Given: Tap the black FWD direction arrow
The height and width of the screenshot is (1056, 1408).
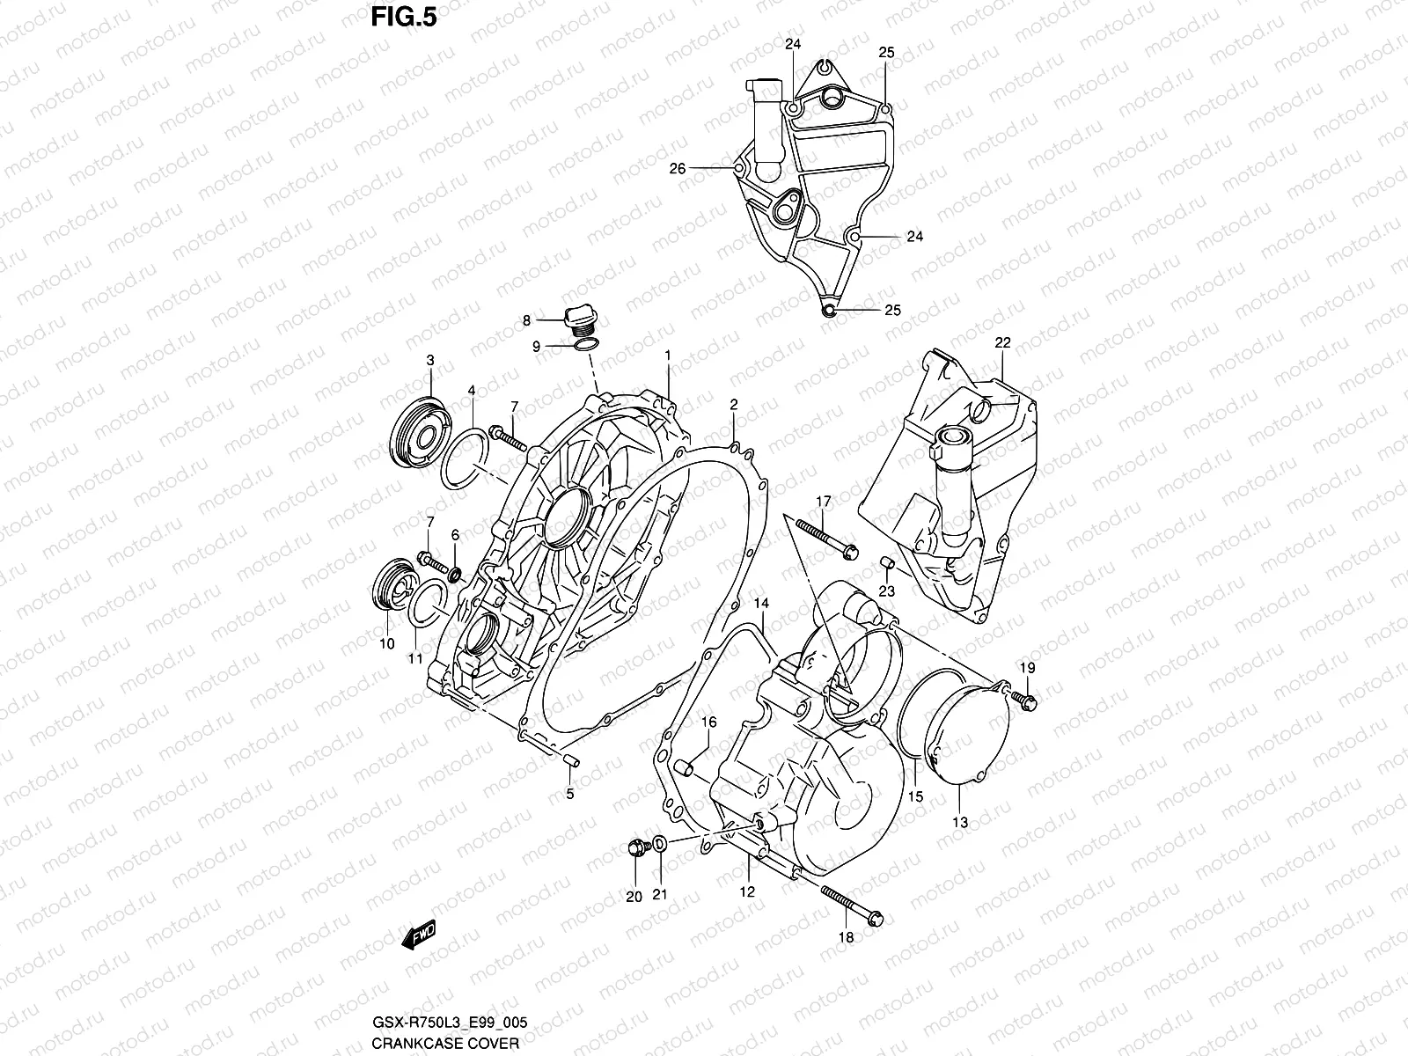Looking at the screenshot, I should (418, 935).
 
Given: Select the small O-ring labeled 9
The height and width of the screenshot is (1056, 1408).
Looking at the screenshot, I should (587, 346).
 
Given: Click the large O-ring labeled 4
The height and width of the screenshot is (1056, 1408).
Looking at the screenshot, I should (464, 458).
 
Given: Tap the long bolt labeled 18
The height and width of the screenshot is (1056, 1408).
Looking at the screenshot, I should (852, 907).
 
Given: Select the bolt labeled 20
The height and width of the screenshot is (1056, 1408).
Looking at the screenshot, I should (636, 847).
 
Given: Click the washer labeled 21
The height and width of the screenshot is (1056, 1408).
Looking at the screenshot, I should (660, 846).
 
